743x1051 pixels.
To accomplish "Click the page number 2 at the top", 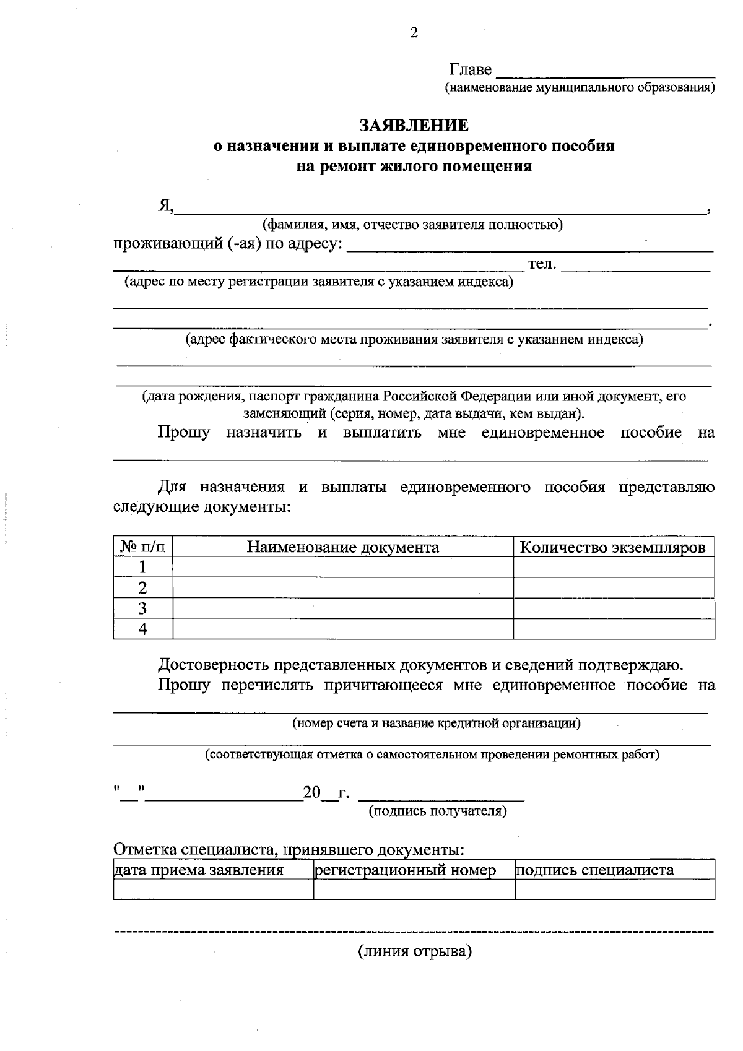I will pos(414,33).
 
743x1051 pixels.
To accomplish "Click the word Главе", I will pos(471,69).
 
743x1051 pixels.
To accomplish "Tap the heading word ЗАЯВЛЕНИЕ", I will pos(414,126).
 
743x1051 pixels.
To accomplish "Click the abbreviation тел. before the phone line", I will pos(542,264).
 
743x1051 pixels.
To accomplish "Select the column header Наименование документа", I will pos(343,547).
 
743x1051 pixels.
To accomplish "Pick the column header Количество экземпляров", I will pos(613,547).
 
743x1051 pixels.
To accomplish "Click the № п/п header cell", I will pos(143,547).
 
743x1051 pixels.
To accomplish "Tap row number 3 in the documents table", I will pos(143,608).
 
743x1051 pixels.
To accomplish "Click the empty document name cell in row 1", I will pos(343,567).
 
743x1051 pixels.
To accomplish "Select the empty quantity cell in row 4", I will pos(613,629).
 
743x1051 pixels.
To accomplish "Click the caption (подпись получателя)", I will pos(438,811).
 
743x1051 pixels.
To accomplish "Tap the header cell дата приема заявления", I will pos(199,870).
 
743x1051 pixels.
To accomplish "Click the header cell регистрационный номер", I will pos(406,870).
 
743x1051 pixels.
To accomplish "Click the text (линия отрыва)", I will pos(414,951).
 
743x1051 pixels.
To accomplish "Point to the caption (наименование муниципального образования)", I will pos(580,88).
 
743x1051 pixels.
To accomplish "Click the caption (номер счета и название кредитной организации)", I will pos(436,723).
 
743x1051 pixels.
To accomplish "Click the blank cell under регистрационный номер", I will pos(414,889).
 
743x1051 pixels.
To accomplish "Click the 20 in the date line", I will pos(311,792).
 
